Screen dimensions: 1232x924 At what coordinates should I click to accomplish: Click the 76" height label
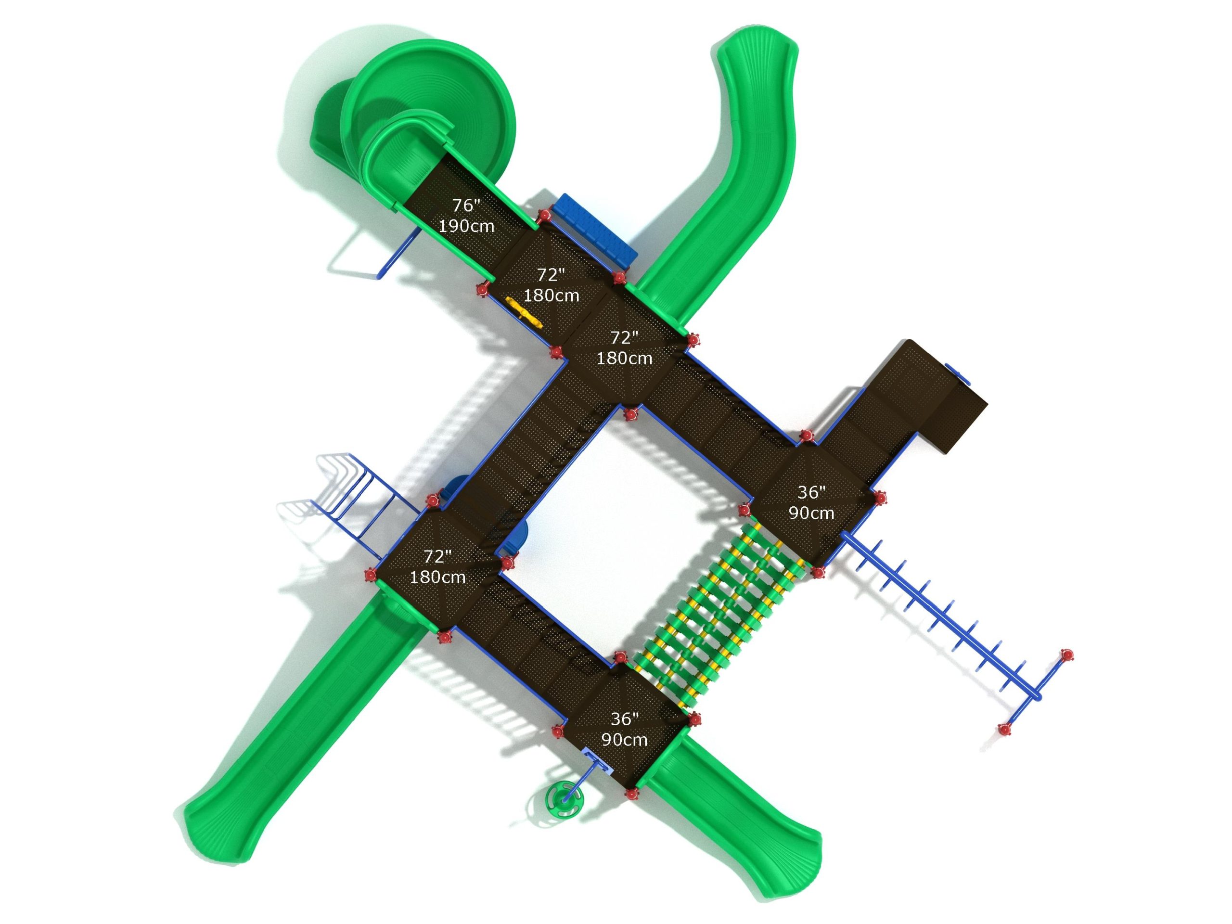466,205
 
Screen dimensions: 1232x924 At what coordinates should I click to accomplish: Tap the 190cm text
466,226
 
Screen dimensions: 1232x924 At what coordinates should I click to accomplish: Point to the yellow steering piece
524,314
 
